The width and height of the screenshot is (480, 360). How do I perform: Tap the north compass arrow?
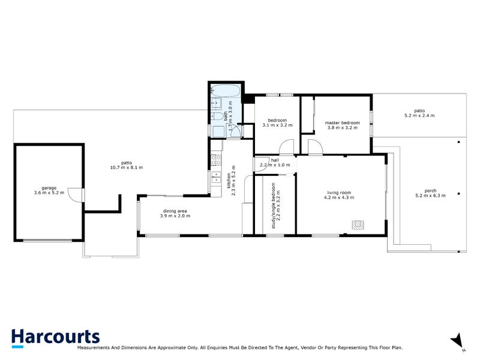(458, 340)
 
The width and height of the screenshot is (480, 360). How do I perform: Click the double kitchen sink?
(214, 176)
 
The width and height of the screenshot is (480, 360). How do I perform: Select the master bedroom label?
(343, 122)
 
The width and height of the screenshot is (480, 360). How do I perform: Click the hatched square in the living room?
(358, 224)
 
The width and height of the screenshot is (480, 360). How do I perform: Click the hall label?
(275, 160)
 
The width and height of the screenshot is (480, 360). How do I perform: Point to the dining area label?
(176, 211)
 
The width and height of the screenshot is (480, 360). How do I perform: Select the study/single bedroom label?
(273, 205)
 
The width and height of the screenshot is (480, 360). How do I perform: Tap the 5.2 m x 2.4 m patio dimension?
(419, 115)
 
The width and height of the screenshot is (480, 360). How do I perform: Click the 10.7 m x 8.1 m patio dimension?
(126, 167)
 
